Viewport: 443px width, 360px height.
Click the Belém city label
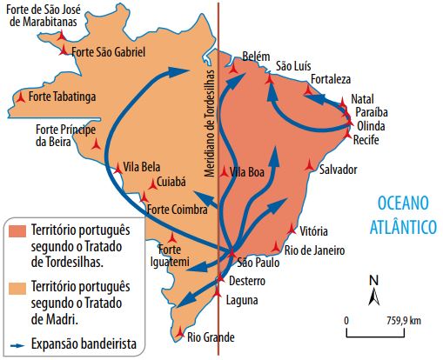pos(258,53)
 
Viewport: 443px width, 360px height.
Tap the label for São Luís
pos(292,65)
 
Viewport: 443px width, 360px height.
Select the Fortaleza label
pos(331,77)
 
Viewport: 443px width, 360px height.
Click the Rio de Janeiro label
pos(315,250)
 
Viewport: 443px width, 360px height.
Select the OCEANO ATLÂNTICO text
pos(405,214)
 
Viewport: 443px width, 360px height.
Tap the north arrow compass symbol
pos(373,290)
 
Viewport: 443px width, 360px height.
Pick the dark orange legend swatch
pos(17,232)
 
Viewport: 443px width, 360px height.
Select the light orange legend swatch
pos(17,287)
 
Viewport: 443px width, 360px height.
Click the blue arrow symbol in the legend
pos(17,343)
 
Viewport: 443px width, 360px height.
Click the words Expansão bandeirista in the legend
pos(85,343)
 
